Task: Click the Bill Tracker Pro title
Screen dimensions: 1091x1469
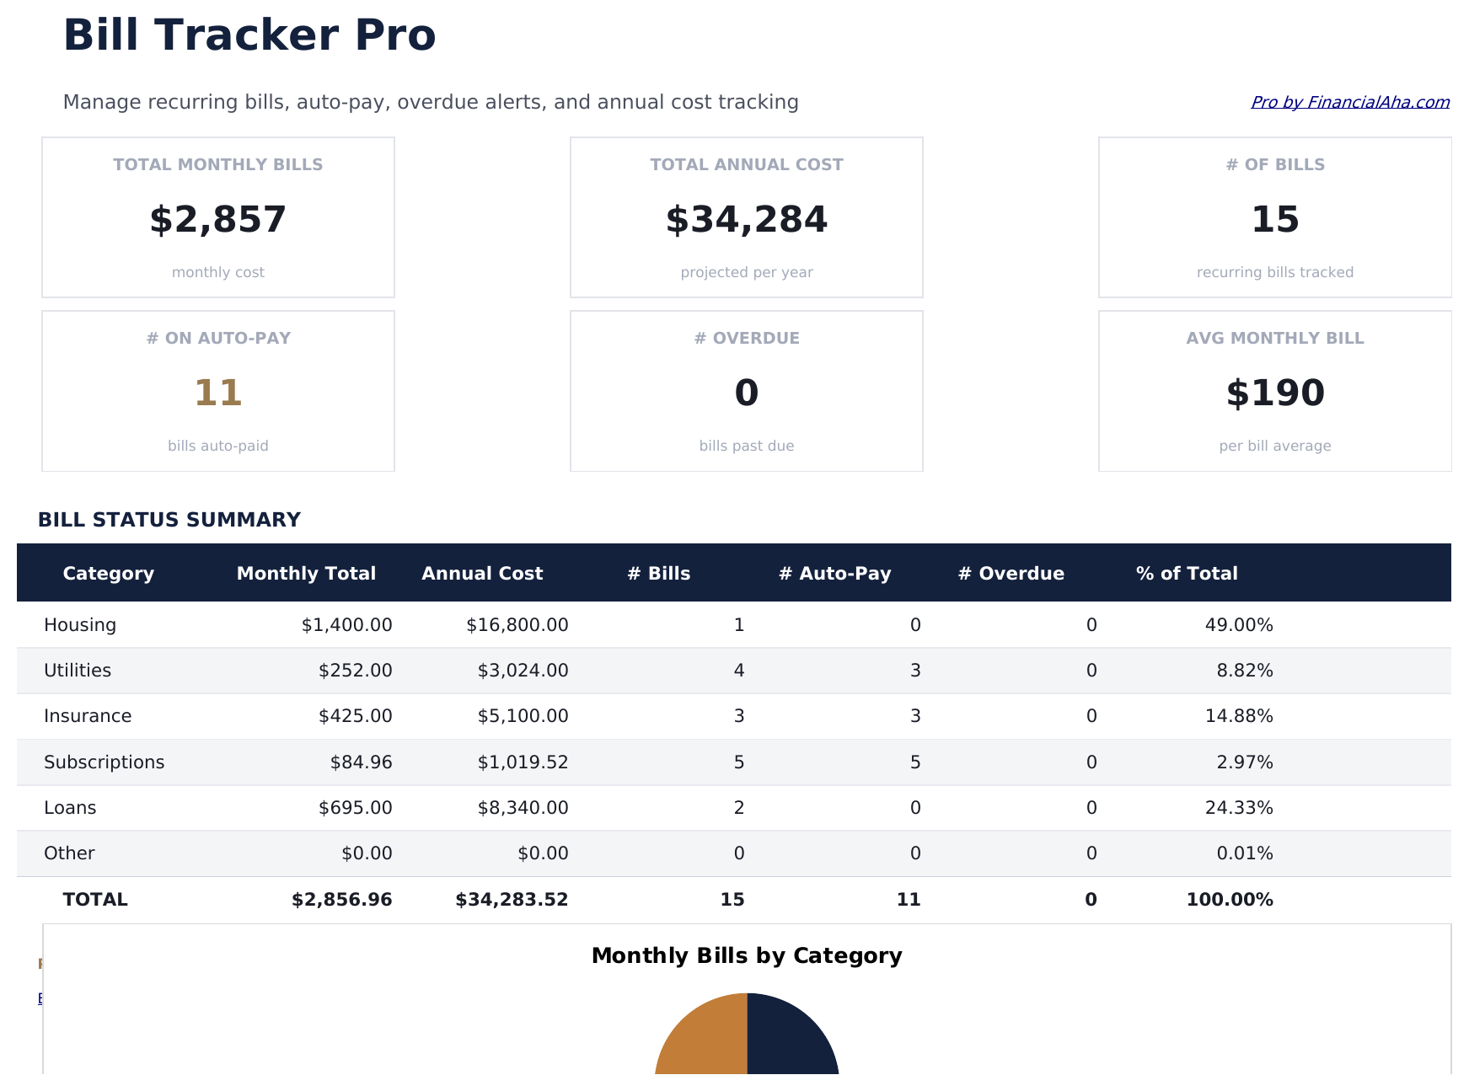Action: (249, 36)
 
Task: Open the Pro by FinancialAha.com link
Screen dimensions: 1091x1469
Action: (1349, 102)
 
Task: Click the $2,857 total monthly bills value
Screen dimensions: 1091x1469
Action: (217, 220)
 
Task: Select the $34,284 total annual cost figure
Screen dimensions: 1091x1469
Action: (746, 220)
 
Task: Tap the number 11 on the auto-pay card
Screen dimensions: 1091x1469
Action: (217, 393)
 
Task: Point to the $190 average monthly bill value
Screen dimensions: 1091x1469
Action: (1274, 393)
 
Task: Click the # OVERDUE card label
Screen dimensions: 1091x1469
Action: (746, 338)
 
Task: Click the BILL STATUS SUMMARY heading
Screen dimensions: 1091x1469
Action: (169, 520)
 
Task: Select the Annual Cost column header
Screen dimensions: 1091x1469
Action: (481, 574)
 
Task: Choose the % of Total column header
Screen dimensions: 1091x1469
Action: (1186, 574)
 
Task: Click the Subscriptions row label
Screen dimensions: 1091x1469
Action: (104, 762)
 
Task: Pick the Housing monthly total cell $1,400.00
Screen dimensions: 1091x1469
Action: (346, 625)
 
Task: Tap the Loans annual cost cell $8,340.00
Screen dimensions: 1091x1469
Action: (523, 808)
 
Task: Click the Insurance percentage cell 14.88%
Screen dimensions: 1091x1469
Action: (1238, 716)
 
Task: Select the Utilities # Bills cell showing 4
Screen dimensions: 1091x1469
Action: (738, 671)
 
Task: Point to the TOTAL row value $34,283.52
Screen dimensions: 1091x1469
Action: (512, 900)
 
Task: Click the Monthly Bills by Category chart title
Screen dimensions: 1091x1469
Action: (746, 956)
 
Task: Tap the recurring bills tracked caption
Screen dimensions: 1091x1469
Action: (1274, 272)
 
